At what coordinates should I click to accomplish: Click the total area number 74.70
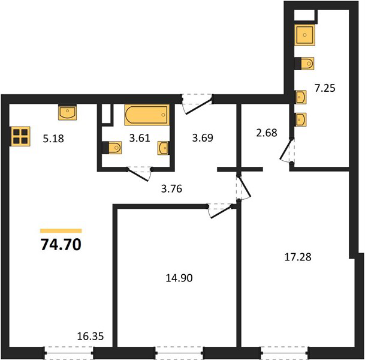click(x=61, y=245)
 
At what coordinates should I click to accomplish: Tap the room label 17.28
click(x=298, y=257)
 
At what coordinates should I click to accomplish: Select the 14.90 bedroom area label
click(x=179, y=278)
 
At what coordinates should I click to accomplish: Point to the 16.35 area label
click(x=91, y=336)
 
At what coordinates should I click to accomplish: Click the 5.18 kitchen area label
click(x=53, y=139)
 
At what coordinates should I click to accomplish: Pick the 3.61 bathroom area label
click(x=140, y=138)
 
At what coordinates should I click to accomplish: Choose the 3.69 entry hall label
click(x=203, y=138)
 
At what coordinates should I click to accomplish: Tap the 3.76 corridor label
click(x=171, y=188)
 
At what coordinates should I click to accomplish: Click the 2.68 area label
click(x=267, y=133)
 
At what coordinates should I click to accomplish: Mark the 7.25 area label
click(x=325, y=88)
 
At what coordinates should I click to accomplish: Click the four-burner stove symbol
click(x=20, y=136)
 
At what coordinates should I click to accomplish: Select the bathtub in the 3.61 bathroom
click(x=147, y=115)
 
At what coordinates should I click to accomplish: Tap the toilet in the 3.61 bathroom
click(x=112, y=148)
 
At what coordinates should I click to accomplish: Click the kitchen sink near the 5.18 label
click(x=67, y=112)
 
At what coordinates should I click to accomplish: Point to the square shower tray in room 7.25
click(x=304, y=35)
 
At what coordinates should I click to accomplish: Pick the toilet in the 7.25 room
click(x=304, y=63)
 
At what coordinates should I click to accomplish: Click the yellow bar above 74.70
click(x=61, y=230)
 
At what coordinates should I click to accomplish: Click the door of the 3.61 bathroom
click(x=139, y=173)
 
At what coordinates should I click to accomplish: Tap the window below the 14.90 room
click(x=179, y=353)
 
